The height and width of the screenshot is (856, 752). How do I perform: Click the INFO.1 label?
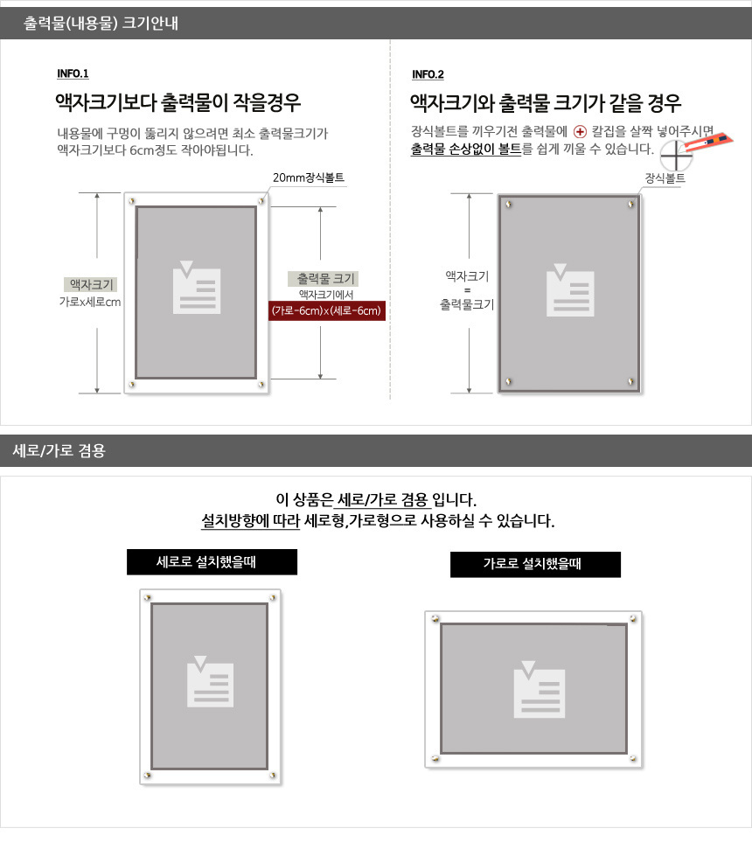pyautogui.click(x=73, y=73)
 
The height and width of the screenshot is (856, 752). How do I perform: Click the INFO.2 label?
pyautogui.click(x=428, y=75)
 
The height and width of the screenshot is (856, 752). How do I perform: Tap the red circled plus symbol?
pyautogui.click(x=580, y=131)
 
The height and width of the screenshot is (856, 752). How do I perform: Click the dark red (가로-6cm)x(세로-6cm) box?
pyautogui.click(x=326, y=310)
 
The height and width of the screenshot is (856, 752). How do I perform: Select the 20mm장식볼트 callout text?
pyautogui.click(x=309, y=177)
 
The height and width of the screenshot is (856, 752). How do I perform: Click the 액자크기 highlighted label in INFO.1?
pyautogui.click(x=91, y=284)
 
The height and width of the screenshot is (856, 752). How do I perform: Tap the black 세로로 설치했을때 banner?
pyautogui.click(x=212, y=561)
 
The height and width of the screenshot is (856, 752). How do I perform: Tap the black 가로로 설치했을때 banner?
pyautogui.click(x=535, y=564)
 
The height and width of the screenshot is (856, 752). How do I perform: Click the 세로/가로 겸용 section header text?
pyautogui.click(x=59, y=450)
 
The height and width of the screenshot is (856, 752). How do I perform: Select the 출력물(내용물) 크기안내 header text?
pyautogui.click(x=101, y=23)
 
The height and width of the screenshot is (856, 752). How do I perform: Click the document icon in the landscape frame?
pyautogui.click(x=539, y=689)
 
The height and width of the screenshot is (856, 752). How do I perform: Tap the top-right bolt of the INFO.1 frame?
pyautogui.click(x=261, y=201)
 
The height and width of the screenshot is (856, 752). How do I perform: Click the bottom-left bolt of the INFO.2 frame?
pyautogui.click(x=508, y=381)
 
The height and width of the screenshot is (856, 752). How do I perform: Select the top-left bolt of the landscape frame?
pyautogui.click(x=435, y=619)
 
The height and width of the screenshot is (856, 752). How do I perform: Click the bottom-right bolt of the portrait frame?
pyautogui.click(x=273, y=776)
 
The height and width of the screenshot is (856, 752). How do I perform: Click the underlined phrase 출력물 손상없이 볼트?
pyautogui.click(x=466, y=149)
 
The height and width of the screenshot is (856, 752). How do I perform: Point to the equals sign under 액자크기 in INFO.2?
pyautogui.click(x=467, y=290)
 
